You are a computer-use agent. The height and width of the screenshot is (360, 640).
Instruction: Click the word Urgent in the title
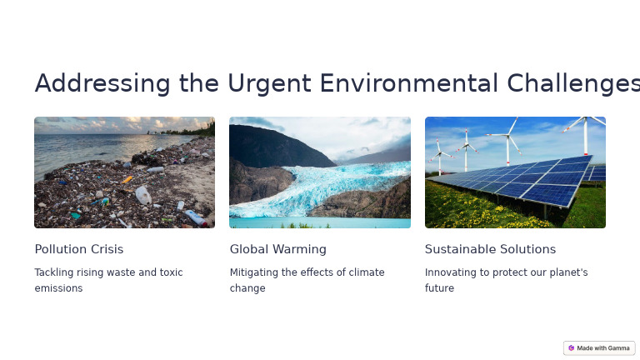(269, 83)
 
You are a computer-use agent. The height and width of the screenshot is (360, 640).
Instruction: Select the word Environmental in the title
(408, 83)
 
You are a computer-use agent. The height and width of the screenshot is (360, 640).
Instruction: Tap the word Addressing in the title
(102, 83)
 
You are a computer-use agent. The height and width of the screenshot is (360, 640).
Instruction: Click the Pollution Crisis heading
(79, 249)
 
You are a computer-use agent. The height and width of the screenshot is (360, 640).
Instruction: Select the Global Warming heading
(278, 249)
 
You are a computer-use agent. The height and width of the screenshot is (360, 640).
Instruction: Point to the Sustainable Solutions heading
(490, 249)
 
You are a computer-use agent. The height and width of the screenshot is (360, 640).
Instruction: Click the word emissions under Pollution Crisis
(58, 288)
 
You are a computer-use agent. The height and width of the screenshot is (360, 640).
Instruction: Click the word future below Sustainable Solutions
(439, 288)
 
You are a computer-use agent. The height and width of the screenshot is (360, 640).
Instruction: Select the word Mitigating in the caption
(254, 272)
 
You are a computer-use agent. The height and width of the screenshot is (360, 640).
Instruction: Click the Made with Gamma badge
(599, 348)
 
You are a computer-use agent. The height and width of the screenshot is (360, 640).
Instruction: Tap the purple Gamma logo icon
(571, 348)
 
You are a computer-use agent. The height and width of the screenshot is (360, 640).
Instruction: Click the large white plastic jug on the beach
(143, 195)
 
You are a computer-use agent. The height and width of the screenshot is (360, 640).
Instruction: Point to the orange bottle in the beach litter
(127, 180)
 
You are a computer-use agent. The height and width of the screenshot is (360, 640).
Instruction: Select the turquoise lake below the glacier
(320, 222)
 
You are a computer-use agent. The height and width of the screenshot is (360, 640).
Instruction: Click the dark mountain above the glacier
(277, 147)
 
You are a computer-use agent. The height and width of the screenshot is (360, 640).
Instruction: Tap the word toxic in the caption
(171, 272)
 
